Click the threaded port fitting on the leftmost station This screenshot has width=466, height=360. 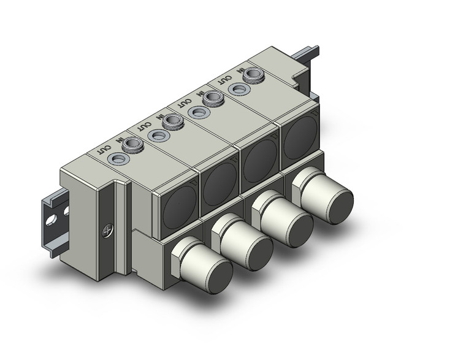pyautogui.click(x=132, y=145)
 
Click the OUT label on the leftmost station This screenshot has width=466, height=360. pyautogui.click(x=105, y=149)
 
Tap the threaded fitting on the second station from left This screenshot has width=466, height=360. pyautogui.click(x=173, y=122)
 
